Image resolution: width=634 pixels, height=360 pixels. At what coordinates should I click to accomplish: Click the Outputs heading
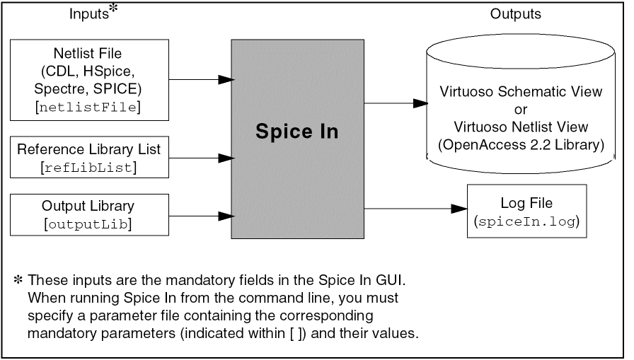(515, 14)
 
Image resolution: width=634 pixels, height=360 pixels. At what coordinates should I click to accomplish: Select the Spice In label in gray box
(297, 132)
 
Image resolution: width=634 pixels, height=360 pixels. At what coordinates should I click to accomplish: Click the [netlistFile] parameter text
(89, 107)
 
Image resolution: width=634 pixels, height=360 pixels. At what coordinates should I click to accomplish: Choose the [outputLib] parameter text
(89, 224)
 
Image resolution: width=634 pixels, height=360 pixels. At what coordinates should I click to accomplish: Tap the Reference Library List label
(89, 149)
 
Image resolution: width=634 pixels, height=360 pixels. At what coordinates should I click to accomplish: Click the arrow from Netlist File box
(201, 79)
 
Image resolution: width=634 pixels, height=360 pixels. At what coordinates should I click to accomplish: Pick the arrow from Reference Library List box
(201, 157)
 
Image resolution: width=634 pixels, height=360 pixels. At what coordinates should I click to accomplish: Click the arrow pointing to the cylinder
(396, 103)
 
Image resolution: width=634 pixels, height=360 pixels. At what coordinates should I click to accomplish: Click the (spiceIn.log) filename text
(526, 221)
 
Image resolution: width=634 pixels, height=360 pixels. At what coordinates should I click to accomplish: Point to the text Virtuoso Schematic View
(521, 92)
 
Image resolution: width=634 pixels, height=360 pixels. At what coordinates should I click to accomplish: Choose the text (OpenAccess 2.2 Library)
(521, 146)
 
